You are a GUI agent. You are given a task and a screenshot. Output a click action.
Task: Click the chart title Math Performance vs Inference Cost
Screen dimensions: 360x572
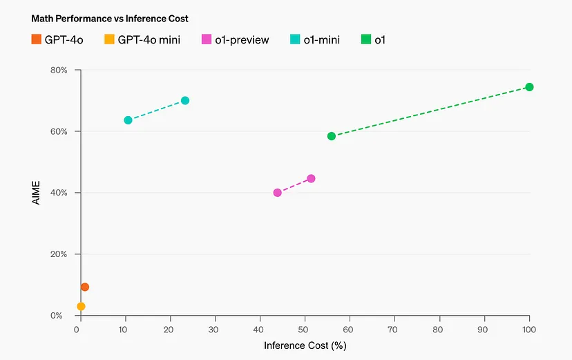click(x=110, y=19)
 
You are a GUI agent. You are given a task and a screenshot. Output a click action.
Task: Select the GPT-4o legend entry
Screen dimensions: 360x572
click(x=57, y=40)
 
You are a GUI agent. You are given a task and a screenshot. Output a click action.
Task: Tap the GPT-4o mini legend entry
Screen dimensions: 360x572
click(x=142, y=40)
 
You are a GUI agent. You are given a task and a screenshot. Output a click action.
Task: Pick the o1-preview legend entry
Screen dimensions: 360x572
click(x=235, y=40)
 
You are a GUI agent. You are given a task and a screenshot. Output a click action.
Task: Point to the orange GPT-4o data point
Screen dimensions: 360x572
click(x=85, y=287)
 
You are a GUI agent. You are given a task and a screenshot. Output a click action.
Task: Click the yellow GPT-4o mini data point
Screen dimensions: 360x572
click(x=81, y=306)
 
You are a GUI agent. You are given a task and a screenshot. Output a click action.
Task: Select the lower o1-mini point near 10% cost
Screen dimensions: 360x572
click(x=128, y=120)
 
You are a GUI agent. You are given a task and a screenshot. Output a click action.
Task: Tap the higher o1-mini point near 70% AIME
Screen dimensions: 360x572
click(x=185, y=100)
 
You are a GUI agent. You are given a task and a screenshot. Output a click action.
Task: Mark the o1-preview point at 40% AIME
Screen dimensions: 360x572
click(x=277, y=193)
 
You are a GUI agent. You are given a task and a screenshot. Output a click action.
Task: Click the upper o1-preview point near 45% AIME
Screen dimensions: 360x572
click(x=311, y=178)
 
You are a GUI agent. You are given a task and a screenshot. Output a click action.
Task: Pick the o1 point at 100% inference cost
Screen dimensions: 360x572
click(x=529, y=87)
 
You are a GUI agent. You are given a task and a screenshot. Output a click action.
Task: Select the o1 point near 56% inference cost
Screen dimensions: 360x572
click(x=332, y=136)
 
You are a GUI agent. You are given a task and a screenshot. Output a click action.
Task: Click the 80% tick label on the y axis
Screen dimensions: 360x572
click(x=58, y=70)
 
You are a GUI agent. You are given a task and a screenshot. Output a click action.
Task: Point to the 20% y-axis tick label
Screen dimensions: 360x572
click(x=58, y=254)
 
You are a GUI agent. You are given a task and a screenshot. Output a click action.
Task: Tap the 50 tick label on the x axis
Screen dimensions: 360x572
click(x=305, y=329)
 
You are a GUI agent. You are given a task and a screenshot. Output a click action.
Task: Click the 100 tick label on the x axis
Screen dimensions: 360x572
click(x=528, y=329)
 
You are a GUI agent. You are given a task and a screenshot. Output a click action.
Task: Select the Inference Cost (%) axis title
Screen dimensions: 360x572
click(x=305, y=345)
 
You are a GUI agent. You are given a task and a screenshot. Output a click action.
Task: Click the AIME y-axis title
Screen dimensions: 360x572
click(x=35, y=193)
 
